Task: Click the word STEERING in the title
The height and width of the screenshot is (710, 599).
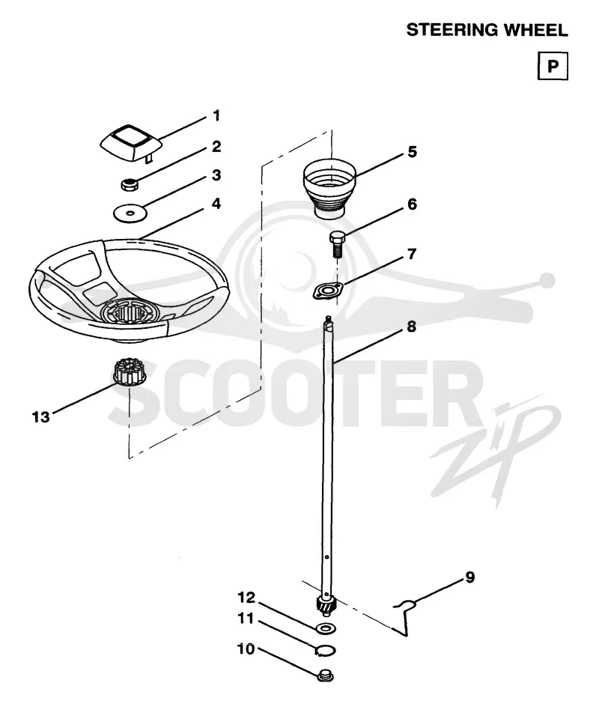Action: [x=453, y=30]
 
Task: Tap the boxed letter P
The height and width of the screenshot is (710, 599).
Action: [x=553, y=66]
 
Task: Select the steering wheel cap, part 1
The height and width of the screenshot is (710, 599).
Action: [x=131, y=143]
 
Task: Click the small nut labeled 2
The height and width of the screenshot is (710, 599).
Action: [x=130, y=184]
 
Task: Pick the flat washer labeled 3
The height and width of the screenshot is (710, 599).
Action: [x=130, y=213]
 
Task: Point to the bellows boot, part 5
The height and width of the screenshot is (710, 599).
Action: [x=329, y=188]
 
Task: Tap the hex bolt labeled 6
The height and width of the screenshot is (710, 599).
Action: [x=337, y=243]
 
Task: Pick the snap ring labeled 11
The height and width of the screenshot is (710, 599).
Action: [x=325, y=651]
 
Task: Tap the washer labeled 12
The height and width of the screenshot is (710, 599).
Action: [x=326, y=628]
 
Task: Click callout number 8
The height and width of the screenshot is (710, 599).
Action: [x=411, y=327]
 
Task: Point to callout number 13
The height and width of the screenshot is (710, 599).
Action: [x=40, y=416]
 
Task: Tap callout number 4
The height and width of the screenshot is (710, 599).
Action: [x=216, y=204]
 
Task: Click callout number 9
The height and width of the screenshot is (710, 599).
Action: [x=470, y=577]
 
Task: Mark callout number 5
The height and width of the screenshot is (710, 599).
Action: [x=412, y=152]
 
